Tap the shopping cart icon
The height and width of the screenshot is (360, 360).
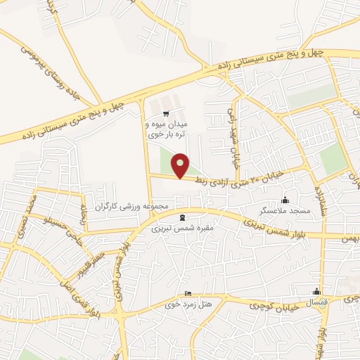click(166, 114)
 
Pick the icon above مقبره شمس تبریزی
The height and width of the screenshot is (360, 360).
click(184, 217)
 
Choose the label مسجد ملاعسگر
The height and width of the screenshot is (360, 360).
click(284, 210)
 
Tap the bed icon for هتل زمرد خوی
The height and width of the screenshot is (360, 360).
click(187, 294)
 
